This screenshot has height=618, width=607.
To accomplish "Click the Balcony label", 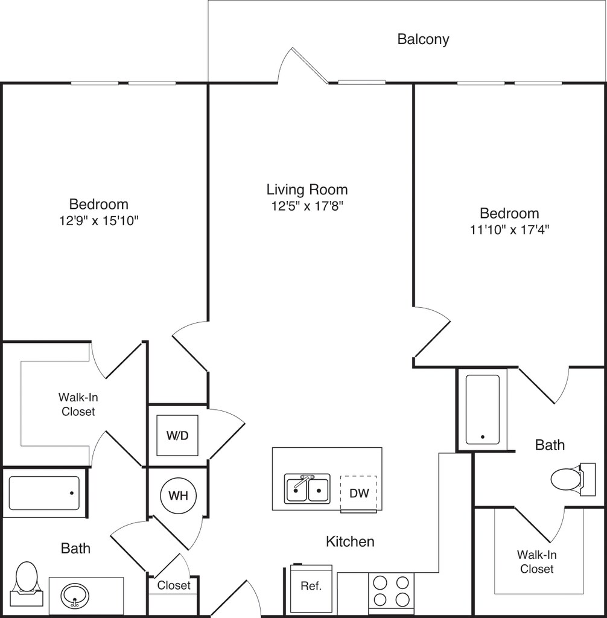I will pos(423,40).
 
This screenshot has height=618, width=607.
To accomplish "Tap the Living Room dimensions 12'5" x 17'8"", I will pos(307,206).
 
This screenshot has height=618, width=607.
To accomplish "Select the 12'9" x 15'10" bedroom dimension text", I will pos(98,221).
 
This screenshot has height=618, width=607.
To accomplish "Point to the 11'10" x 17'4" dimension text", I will pos(509,229).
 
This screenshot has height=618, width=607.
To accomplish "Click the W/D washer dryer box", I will pos(177,435).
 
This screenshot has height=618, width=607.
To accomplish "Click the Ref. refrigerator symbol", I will pos(311,587).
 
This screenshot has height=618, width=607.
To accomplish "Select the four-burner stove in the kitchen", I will pos(391,590).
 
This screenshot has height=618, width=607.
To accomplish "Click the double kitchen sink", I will pos(307,489).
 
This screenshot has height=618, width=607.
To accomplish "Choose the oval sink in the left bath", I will pos(75,596).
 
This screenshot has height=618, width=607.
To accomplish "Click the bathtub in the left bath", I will pos(44,493).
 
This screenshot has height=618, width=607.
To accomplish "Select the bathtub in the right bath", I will pos(482,410).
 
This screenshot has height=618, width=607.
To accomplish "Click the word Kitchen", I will pos(350,541).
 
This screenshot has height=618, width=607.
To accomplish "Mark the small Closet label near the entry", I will pos(174,585).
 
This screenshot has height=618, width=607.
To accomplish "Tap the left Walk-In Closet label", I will pos(77,404).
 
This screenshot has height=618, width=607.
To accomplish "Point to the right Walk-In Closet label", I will pos(536,561).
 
